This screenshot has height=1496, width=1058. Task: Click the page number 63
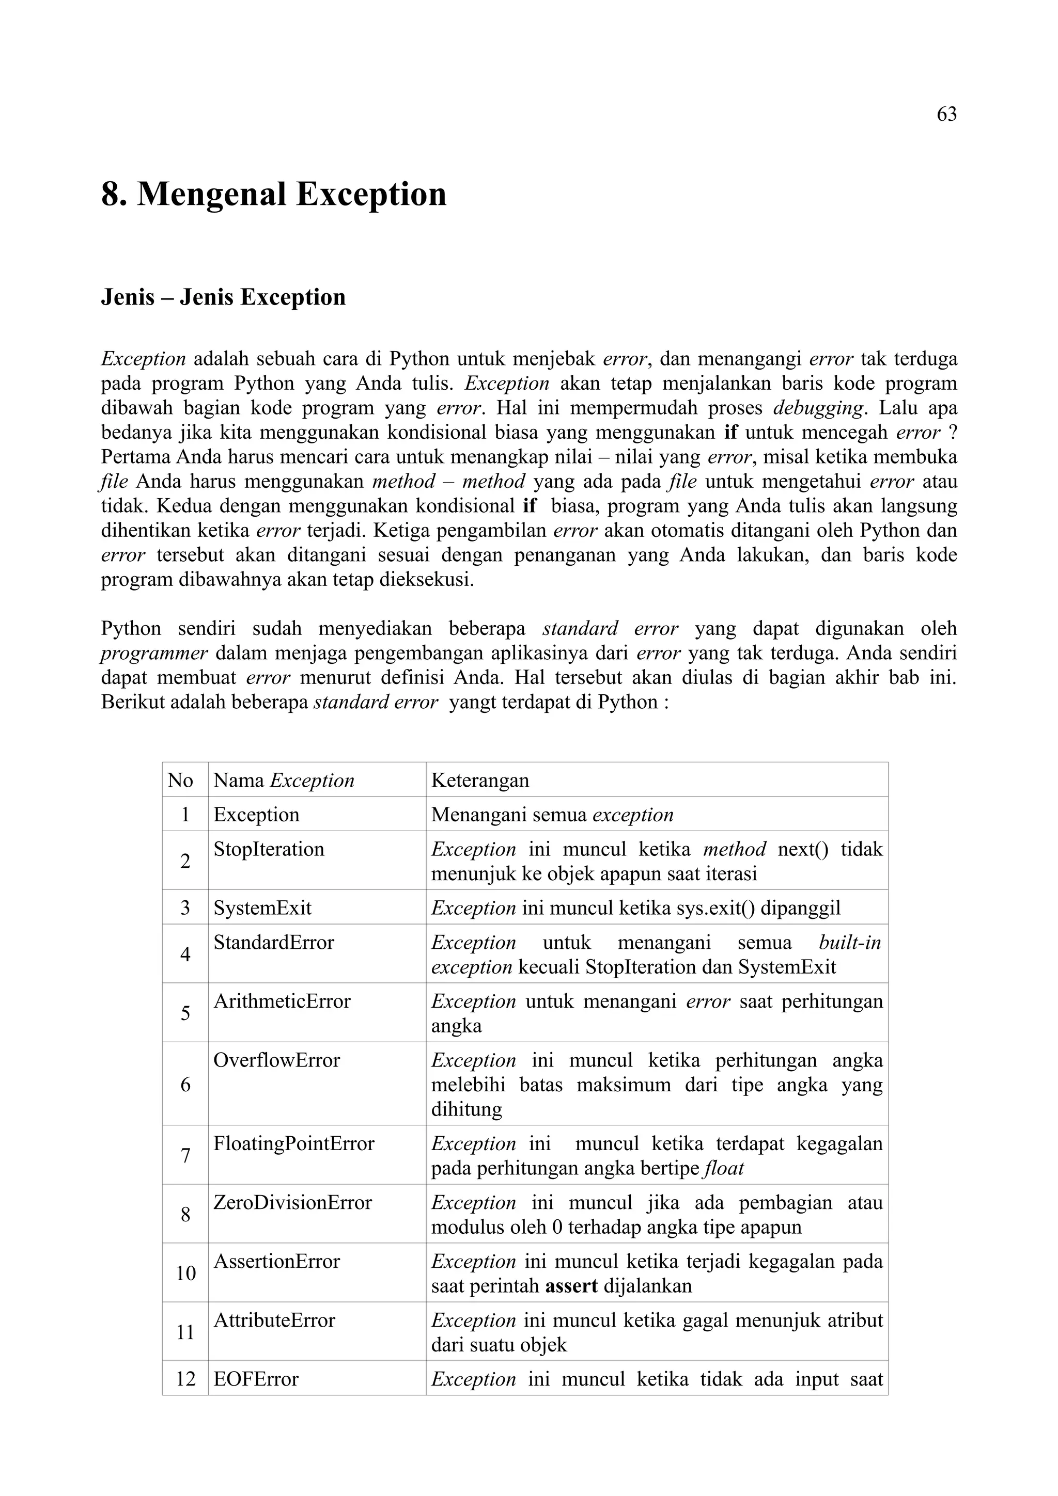[x=946, y=115]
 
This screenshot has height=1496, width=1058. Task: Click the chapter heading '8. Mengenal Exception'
[x=274, y=194]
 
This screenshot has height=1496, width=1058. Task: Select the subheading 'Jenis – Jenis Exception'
[x=223, y=297]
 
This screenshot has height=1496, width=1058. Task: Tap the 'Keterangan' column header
[x=480, y=780]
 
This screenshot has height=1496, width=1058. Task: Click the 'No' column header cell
[x=181, y=780]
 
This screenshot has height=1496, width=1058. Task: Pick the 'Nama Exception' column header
[x=284, y=780]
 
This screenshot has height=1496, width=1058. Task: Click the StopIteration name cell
[x=269, y=849]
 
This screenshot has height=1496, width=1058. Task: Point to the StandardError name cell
[x=274, y=942]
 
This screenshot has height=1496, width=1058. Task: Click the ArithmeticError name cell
[x=282, y=1001]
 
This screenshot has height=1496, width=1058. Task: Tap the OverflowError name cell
[x=276, y=1060]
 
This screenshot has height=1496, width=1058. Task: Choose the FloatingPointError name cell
[x=293, y=1143]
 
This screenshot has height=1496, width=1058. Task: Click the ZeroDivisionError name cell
[x=293, y=1202]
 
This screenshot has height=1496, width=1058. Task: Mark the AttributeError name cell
[x=274, y=1320]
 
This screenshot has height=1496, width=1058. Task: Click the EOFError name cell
[x=256, y=1379]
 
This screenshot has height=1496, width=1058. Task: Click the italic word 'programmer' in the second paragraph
[x=154, y=653]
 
